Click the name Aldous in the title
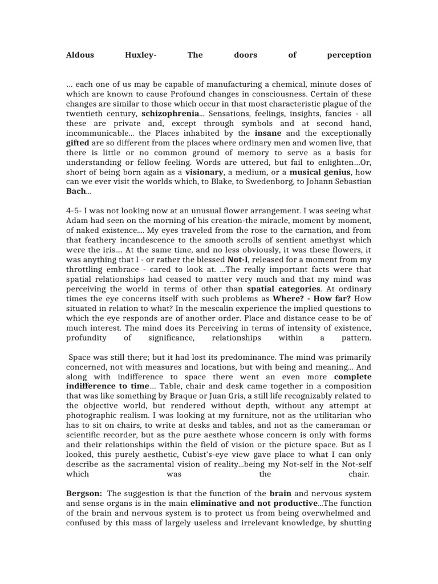80,55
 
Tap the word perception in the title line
349,55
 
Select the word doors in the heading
245,55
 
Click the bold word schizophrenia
170,113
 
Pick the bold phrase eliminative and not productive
253,502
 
